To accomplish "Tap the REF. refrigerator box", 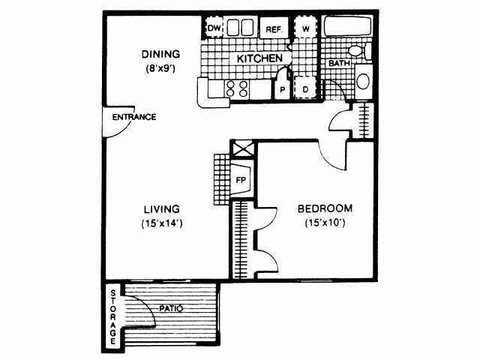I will (x=271, y=29).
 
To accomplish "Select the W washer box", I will (x=306, y=28).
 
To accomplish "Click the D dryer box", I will (x=305, y=88).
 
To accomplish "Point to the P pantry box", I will (x=283, y=89).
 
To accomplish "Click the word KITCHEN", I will (x=259, y=58).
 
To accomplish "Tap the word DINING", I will (x=160, y=54).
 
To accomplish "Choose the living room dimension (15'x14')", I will (x=162, y=223).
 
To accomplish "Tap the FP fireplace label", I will (x=241, y=180).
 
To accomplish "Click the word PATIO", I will (x=172, y=308).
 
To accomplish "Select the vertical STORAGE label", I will (x=113, y=316).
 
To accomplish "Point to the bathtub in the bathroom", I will (x=349, y=28).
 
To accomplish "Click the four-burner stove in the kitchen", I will (x=238, y=89).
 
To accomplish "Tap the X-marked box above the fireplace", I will (x=244, y=148).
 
